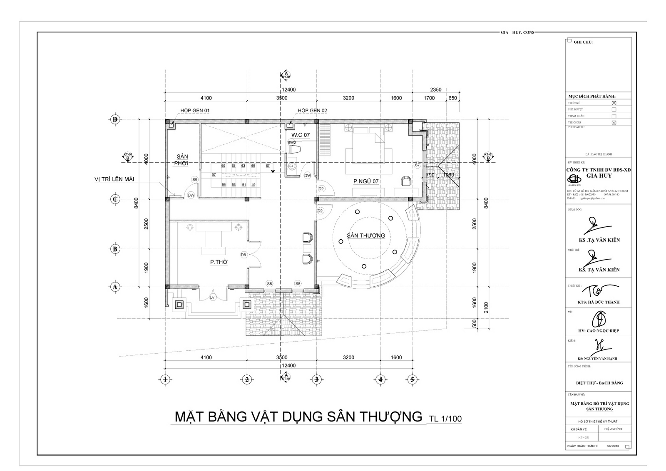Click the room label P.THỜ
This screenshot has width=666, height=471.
tap(218, 262)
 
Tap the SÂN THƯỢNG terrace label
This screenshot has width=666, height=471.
tap(366, 235)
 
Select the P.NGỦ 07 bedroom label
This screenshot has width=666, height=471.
tap(366, 181)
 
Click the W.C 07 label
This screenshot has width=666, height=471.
tap(300, 135)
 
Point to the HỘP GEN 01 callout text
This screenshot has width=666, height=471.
tap(195, 111)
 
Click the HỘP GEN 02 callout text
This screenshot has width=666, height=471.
tap(312, 111)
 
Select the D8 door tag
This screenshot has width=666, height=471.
tap(244, 255)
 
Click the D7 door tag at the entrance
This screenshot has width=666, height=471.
tap(212, 297)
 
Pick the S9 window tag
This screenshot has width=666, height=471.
tap(194, 180)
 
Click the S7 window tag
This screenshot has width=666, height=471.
tap(417, 165)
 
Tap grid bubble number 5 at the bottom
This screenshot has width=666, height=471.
tap(412, 379)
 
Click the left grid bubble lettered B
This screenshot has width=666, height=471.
tap(115, 249)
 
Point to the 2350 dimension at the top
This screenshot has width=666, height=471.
tap(435, 89)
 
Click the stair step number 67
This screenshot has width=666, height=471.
tap(268, 166)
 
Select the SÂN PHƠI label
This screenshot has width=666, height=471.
tap(181, 160)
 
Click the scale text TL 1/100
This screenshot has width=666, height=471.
tap(445, 419)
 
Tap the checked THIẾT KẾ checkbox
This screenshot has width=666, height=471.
tap(614, 103)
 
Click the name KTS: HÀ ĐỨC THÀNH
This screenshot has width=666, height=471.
tap(599, 302)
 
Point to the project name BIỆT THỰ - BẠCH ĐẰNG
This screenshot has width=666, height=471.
tap(599, 383)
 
